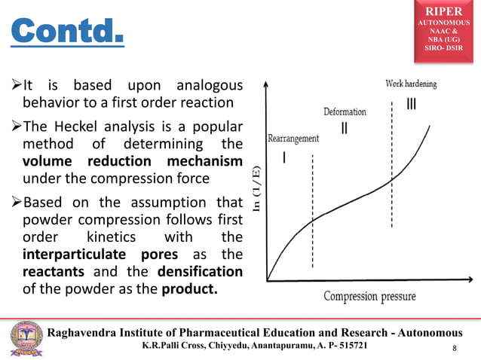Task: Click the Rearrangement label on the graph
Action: (293, 139)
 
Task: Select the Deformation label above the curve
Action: (345, 111)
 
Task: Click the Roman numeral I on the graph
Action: (283, 158)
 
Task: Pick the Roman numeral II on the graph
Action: (345, 129)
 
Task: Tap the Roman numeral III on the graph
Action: (411, 103)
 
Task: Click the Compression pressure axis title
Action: (369, 296)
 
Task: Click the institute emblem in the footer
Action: (26, 338)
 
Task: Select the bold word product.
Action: (188, 288)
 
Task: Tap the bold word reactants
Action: (52, 270)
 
